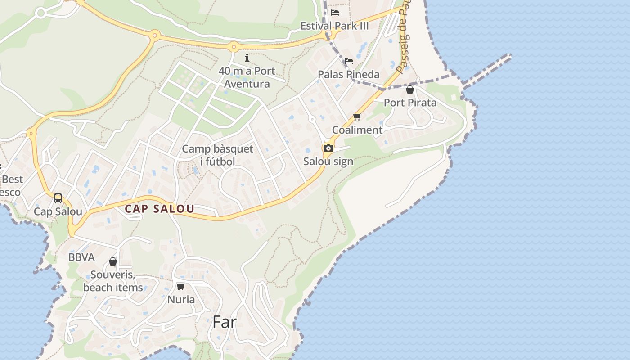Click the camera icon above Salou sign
point(328,148)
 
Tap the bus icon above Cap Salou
point(58,198)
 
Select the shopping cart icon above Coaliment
point(357,117)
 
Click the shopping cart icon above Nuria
point(181,286)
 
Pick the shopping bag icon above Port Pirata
point(409,90)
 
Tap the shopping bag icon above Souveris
point(113,261)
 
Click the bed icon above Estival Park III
point(334,13)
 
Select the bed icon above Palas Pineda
point(348,61)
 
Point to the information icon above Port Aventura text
point(247,58)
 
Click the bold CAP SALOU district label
point(159,209)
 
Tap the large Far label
point(224,322)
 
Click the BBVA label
point(81,257)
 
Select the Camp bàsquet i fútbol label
point(217,155)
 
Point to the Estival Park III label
point(334,26)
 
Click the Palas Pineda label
point(349,74)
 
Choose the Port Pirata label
point(410,103)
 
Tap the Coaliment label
point(357,130)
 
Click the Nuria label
point(181,299)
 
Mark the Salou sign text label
point(328,162)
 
